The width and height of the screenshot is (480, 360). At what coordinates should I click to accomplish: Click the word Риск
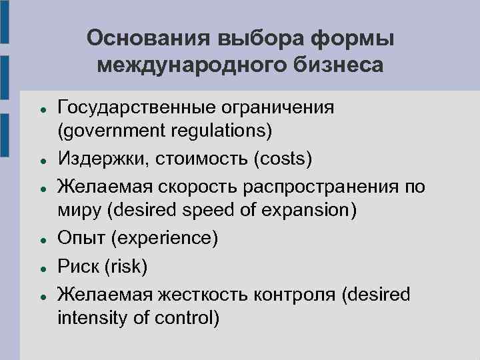point(77,267)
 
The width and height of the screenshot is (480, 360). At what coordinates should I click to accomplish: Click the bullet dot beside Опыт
point(42,239)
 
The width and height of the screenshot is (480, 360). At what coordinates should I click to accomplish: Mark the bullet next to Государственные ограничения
point(42,108)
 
